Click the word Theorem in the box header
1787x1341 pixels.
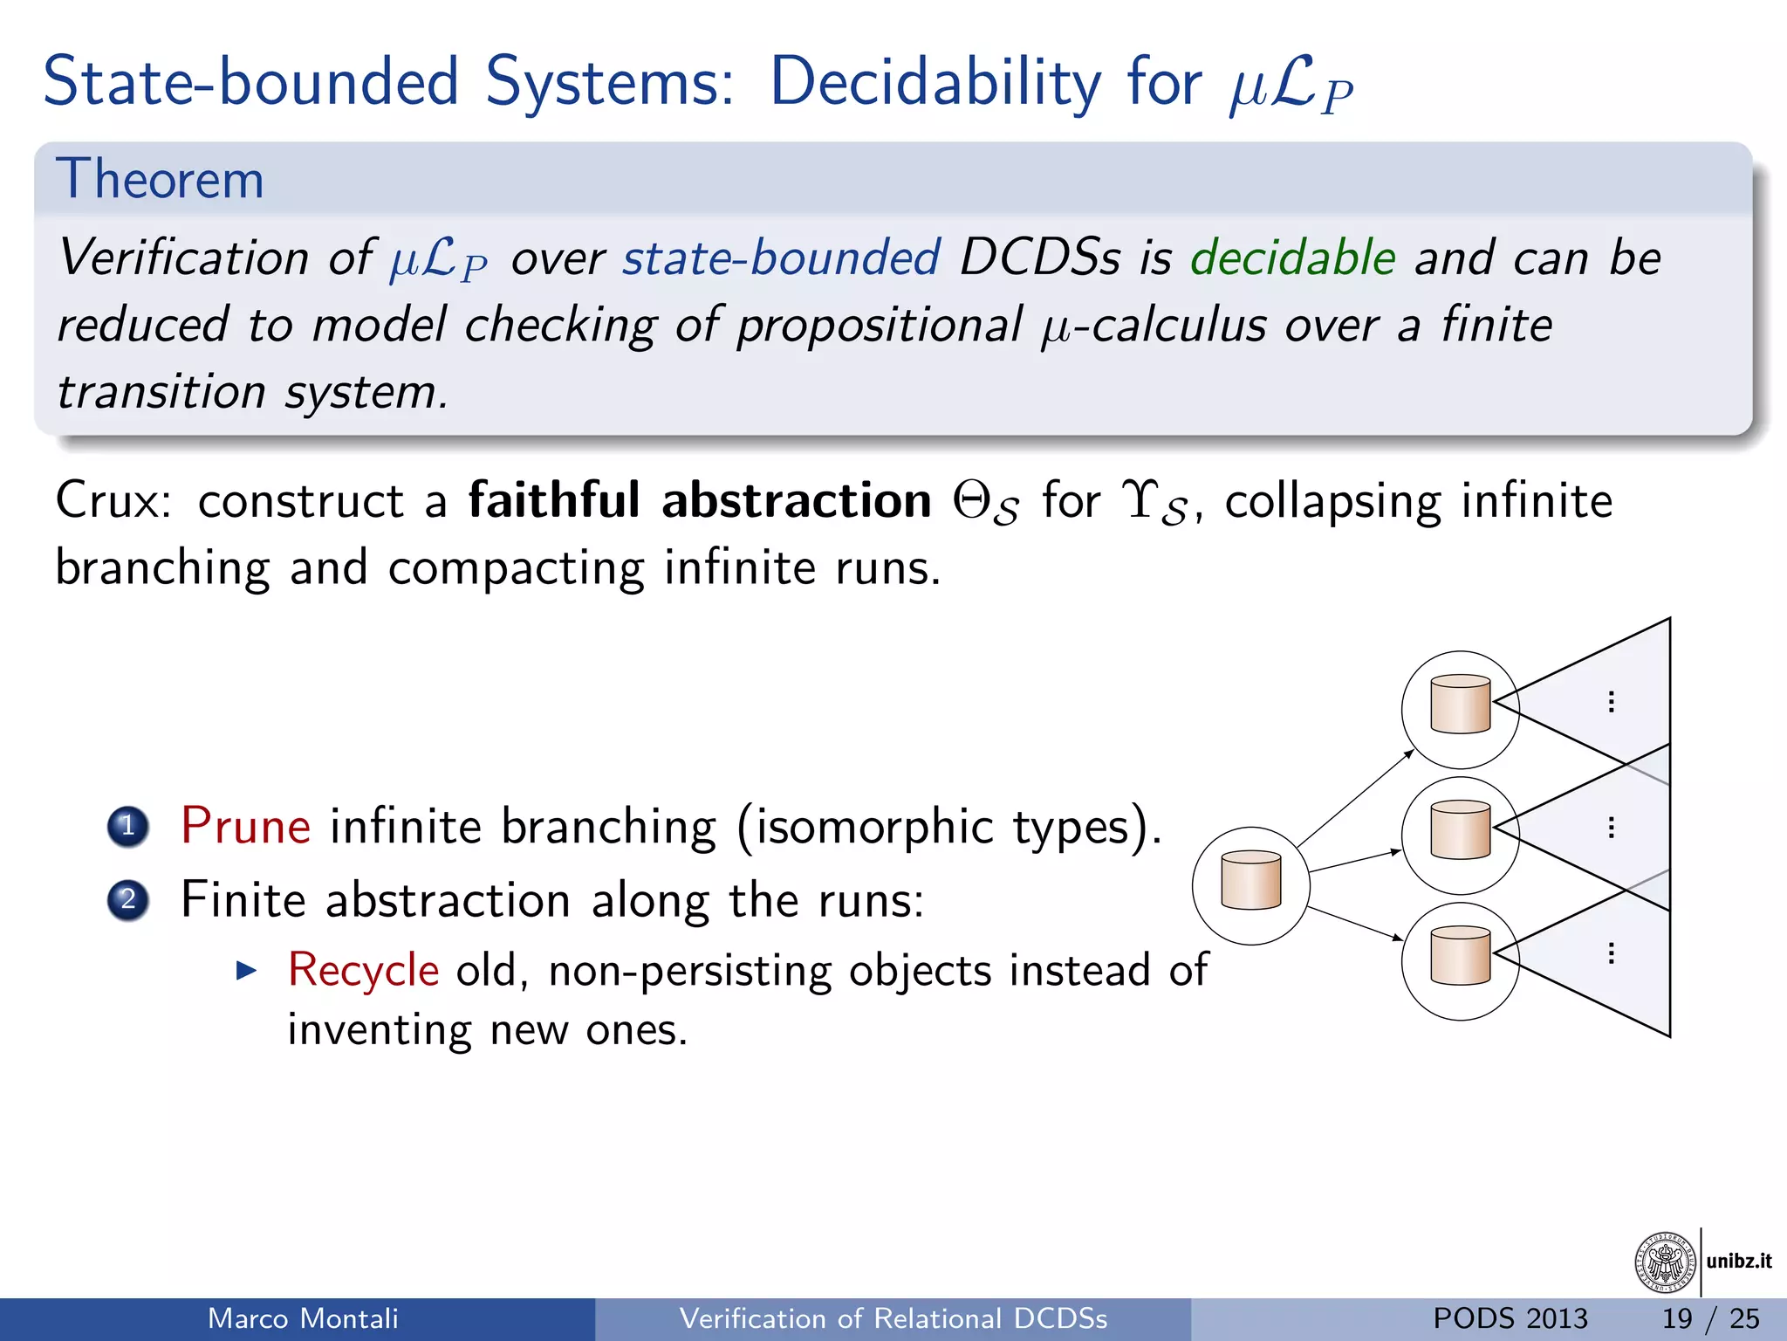(160, 179)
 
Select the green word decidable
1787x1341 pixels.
(1292, 258)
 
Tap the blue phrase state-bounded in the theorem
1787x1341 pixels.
(781, 258)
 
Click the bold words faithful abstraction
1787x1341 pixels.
(700, 500)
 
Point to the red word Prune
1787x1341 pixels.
(245, 826)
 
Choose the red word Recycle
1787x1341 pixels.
(363, 970)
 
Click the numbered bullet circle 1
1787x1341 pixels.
(128, 826)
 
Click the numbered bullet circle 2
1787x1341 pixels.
(128, 899)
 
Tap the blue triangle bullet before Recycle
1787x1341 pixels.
(247, 970)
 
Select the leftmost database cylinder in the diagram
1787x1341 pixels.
(1250, 880)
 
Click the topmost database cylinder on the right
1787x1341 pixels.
(1460, 704)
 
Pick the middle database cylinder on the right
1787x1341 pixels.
(1460, 829)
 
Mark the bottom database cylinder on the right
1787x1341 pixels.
(1460, 955)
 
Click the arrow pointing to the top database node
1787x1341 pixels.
(1355, 798)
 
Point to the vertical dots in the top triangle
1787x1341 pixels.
(1611, 702)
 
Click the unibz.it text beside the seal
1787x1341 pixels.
(1738, 1261)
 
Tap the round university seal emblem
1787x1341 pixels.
(1665, 1262)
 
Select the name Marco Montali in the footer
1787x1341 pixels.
(303, 1318)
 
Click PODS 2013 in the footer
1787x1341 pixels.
(1510, 1318)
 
